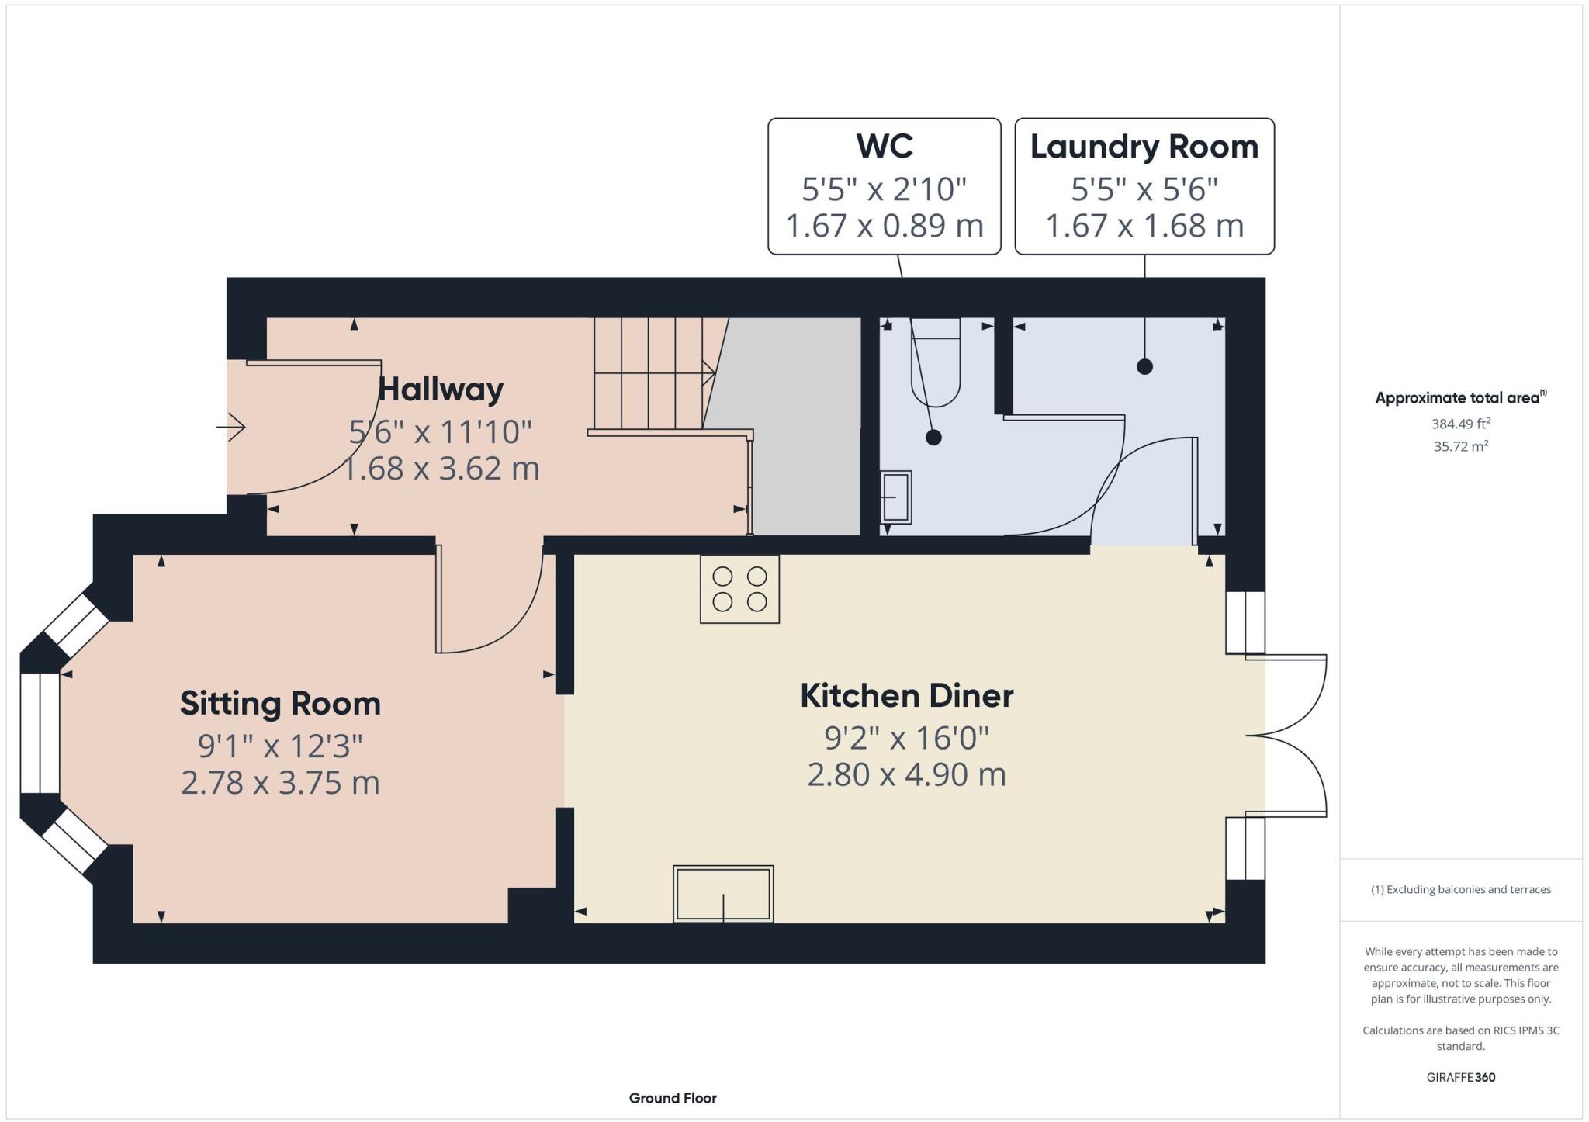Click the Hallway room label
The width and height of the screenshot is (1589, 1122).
(440, 389)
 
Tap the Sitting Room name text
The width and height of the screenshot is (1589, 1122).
(280, 704)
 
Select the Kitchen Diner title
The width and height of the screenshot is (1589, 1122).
(906, 695)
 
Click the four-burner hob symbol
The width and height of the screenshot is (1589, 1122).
(739, 589)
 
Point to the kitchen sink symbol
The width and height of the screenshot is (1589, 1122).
(723, 894)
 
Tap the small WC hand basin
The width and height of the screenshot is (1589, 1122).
(896, 497)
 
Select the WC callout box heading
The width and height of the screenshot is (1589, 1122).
(884, 146)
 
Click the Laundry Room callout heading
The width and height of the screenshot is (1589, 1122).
(1144, 147)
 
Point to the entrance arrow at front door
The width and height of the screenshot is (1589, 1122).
(231, 427)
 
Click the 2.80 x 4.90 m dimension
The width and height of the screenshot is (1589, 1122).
(906, 775)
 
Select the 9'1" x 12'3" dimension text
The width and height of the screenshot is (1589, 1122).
(280, 746)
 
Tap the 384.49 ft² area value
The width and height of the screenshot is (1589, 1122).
(1460, 424)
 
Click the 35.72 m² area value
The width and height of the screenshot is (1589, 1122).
(1460, 446)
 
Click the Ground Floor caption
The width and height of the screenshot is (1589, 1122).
(672, 1098)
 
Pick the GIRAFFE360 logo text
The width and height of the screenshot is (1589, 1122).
(1460, 1077)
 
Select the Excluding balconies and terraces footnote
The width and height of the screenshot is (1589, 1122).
(1460, 889)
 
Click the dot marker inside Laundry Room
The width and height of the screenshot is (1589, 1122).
(1144, 366)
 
